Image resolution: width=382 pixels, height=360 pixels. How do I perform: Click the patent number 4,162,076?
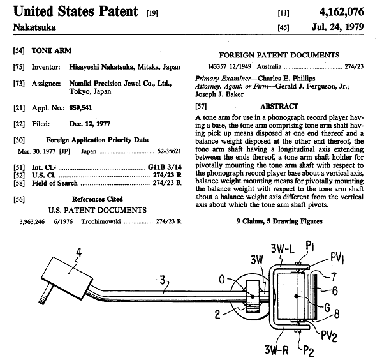[342, 12]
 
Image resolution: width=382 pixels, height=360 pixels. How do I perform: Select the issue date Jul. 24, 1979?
[337, 27]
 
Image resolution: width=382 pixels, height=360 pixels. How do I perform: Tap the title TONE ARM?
[52, 50]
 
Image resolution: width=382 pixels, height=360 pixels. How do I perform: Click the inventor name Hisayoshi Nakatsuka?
[101, 67]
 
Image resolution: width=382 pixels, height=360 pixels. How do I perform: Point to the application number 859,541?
[80, 108]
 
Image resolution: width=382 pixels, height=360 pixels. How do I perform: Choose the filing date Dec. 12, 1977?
[90, 124]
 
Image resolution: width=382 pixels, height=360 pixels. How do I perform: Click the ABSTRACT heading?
[279, 107]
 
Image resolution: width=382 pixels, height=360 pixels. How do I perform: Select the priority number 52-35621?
[170, 151]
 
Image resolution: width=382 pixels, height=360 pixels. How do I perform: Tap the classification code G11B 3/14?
[165, 167]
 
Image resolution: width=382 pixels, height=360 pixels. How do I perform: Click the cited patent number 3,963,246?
[32, 221]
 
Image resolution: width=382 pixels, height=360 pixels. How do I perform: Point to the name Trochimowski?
[101, 221]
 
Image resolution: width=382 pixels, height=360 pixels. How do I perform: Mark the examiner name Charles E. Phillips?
[286, 79]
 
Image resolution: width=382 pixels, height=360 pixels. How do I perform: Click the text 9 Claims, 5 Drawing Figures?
[279, 221]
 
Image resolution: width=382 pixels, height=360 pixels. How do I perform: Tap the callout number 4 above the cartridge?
[78, 252]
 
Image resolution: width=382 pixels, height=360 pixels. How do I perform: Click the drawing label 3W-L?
[283, 249]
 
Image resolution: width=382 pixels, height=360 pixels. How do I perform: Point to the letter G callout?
[328, 308]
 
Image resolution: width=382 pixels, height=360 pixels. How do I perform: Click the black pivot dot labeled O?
[253, 297]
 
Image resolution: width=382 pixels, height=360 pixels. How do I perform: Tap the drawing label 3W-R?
[277, 350]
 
